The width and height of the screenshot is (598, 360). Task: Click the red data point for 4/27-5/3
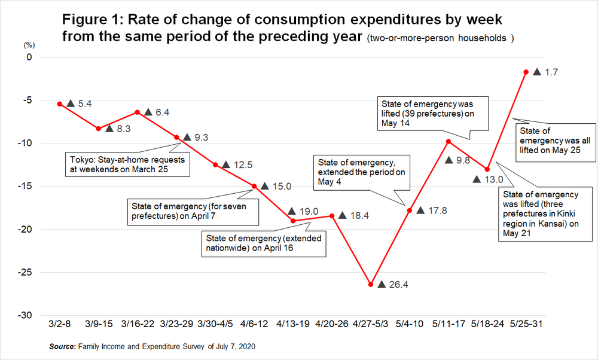(x=371, y=285)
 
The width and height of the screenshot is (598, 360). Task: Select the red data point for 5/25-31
(x=526, y=72)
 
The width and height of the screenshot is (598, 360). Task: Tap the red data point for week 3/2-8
(x=60, y=104)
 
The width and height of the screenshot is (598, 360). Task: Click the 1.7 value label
(x=551, y=72)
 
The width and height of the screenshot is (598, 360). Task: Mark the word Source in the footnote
(x=62, y=347)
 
